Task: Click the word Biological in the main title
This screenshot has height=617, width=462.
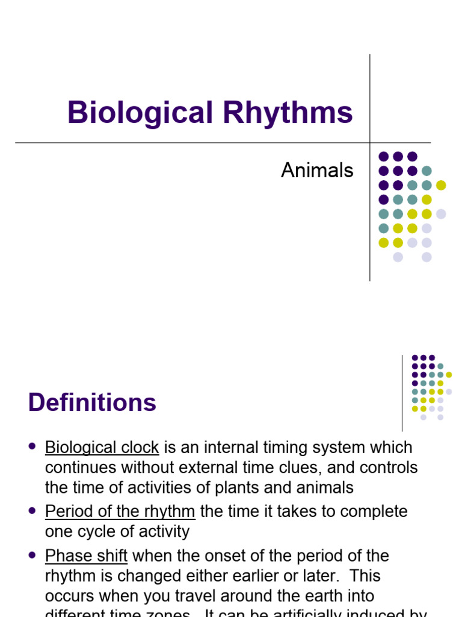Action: coord(140,113)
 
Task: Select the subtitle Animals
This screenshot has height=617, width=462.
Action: coord(317,171)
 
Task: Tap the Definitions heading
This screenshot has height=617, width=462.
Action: coord(92,402)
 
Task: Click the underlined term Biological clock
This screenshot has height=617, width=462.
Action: coord(102,448)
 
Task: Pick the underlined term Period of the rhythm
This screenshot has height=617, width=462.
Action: coord(120,512)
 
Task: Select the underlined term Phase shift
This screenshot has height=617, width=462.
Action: coord(86,556)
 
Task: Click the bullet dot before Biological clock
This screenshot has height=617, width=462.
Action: coord(32,446)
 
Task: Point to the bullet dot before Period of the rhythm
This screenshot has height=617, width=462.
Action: coord(32,510)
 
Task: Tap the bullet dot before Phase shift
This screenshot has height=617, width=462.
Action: coord(32,554)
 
